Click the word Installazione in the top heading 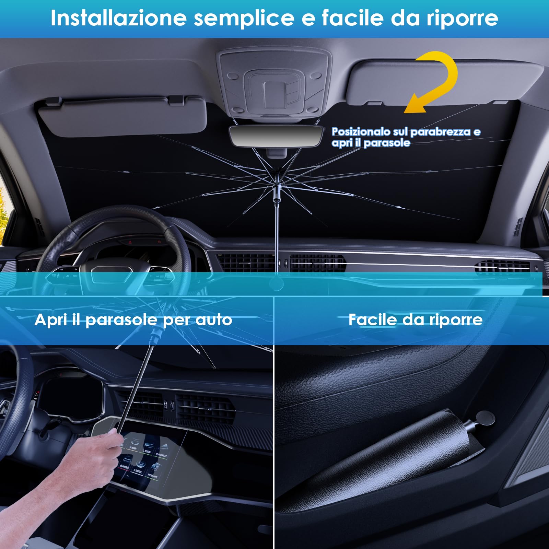click(x=118, y=18)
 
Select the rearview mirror click(x=276, y=136)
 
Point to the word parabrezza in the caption click(x=440, y=132)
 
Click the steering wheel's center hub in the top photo click(x=112, y=274)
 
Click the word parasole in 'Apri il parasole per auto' click(x=121, y=320)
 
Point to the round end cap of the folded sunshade click(x=485, y=419)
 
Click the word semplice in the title click(x=244, y=18)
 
